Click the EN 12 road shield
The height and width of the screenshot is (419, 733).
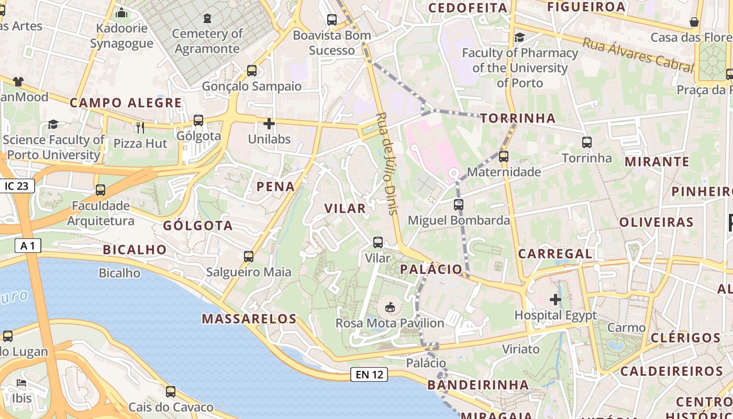[x=369, y=374]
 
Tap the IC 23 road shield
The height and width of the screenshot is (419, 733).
[x=17, y=185]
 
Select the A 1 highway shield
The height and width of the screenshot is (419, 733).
[x=28, y=245]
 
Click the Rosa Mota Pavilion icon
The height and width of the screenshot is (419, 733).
[x=390, y=307]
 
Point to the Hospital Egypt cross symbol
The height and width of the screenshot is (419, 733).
[x=556, y=300]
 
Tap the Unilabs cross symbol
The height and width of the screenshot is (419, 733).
[x=269, y=124]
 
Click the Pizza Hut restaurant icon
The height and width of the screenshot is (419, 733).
[x=140, y=127]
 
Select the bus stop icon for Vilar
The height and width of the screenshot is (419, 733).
[x=378, y=242]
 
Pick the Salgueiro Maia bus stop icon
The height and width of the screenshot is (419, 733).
[x=249, y=257]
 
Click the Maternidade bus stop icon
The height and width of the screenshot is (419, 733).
[x=504, y=156]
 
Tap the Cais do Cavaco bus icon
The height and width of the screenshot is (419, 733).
[x=171, y=391]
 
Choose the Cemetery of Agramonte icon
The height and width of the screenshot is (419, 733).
[x=207, y=18]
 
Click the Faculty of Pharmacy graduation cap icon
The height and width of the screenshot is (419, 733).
[x=520, y=37]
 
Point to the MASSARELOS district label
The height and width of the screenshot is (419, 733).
[x=249, y=318]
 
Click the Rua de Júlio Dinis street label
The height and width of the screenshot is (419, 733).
[x=388, y=163]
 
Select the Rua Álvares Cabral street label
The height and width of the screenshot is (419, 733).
[x=638, y=54]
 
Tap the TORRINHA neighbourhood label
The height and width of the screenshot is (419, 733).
[x=518, y=118]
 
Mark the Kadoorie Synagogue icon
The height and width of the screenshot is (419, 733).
[x=121, y=12]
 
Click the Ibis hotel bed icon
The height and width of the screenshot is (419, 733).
[x=21, y=383]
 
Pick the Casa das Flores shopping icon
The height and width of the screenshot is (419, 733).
[x=694, y=22]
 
